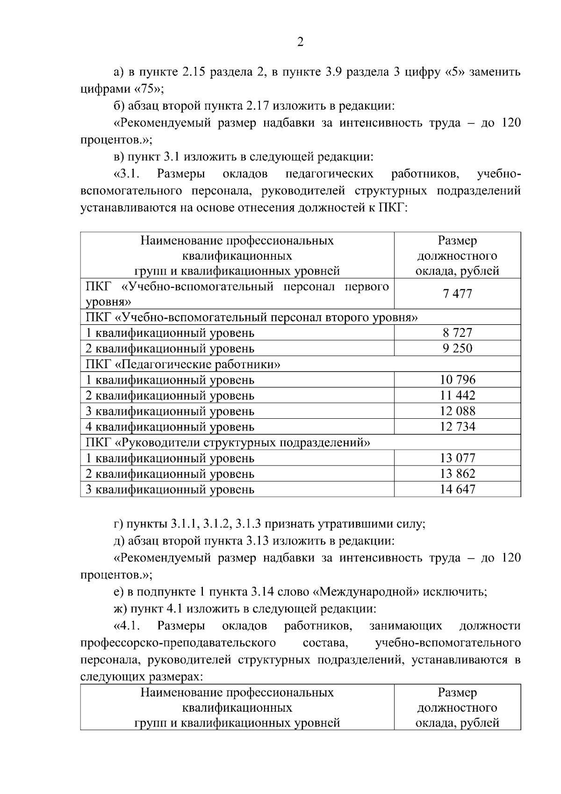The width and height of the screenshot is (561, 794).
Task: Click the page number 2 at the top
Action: (300, 43)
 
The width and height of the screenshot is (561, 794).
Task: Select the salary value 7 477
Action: (457, 294)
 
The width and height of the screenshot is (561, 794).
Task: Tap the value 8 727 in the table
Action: (457, 333)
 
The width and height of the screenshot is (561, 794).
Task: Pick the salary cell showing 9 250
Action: (457, 349)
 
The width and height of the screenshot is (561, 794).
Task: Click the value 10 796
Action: (457, 380)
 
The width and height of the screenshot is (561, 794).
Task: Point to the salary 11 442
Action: (457, 396)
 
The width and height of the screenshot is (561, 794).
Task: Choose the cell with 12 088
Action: (457, 411)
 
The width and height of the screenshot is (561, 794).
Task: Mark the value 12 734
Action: (457, 427)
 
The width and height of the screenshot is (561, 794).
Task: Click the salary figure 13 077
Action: (457, 458)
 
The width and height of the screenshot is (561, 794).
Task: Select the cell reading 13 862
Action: (457, 474)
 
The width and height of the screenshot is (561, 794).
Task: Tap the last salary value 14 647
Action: (457, 489)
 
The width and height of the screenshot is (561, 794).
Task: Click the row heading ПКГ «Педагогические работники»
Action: (183, 364)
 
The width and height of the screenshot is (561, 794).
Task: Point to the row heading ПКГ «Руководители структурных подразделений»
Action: (228, 442)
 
